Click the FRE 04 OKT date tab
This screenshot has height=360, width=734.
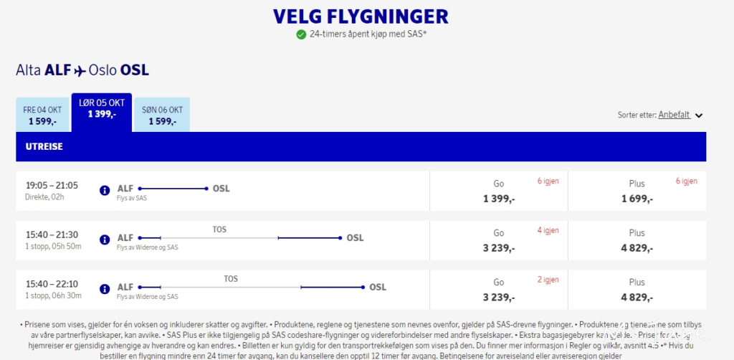[42, 115]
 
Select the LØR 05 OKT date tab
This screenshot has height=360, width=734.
[101, 109]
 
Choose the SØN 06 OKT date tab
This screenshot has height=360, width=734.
[162, 115]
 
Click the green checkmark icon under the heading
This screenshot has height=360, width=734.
[301, 34]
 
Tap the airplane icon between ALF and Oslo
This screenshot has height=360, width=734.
[80, 70]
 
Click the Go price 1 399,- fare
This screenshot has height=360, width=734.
[499, 191]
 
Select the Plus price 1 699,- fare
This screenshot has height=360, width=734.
[637, 191]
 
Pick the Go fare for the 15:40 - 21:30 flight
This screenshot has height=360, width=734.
[499, 240]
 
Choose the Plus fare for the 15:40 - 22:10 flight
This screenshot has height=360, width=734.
[637, 290]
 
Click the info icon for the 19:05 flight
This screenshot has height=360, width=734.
[105, 191]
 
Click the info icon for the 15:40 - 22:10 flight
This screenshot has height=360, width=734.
[105, 289]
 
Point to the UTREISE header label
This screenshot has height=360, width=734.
[44, 146]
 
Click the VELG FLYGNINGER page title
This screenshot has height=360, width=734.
[361, 16]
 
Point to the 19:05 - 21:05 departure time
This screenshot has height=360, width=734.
[52, 186]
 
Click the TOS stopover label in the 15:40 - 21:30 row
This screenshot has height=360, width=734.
[219, 229]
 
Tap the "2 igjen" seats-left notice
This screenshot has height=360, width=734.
[548, 280]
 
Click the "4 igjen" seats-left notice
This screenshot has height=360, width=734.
[548, 230]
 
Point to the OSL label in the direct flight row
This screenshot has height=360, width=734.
[221, 189]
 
